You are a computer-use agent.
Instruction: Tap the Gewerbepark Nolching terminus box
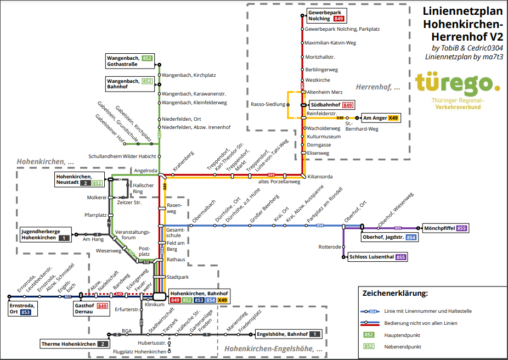[326, 15]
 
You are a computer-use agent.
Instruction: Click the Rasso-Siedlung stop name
[268, 104]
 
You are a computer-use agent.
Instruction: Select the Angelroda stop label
[145, 171]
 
